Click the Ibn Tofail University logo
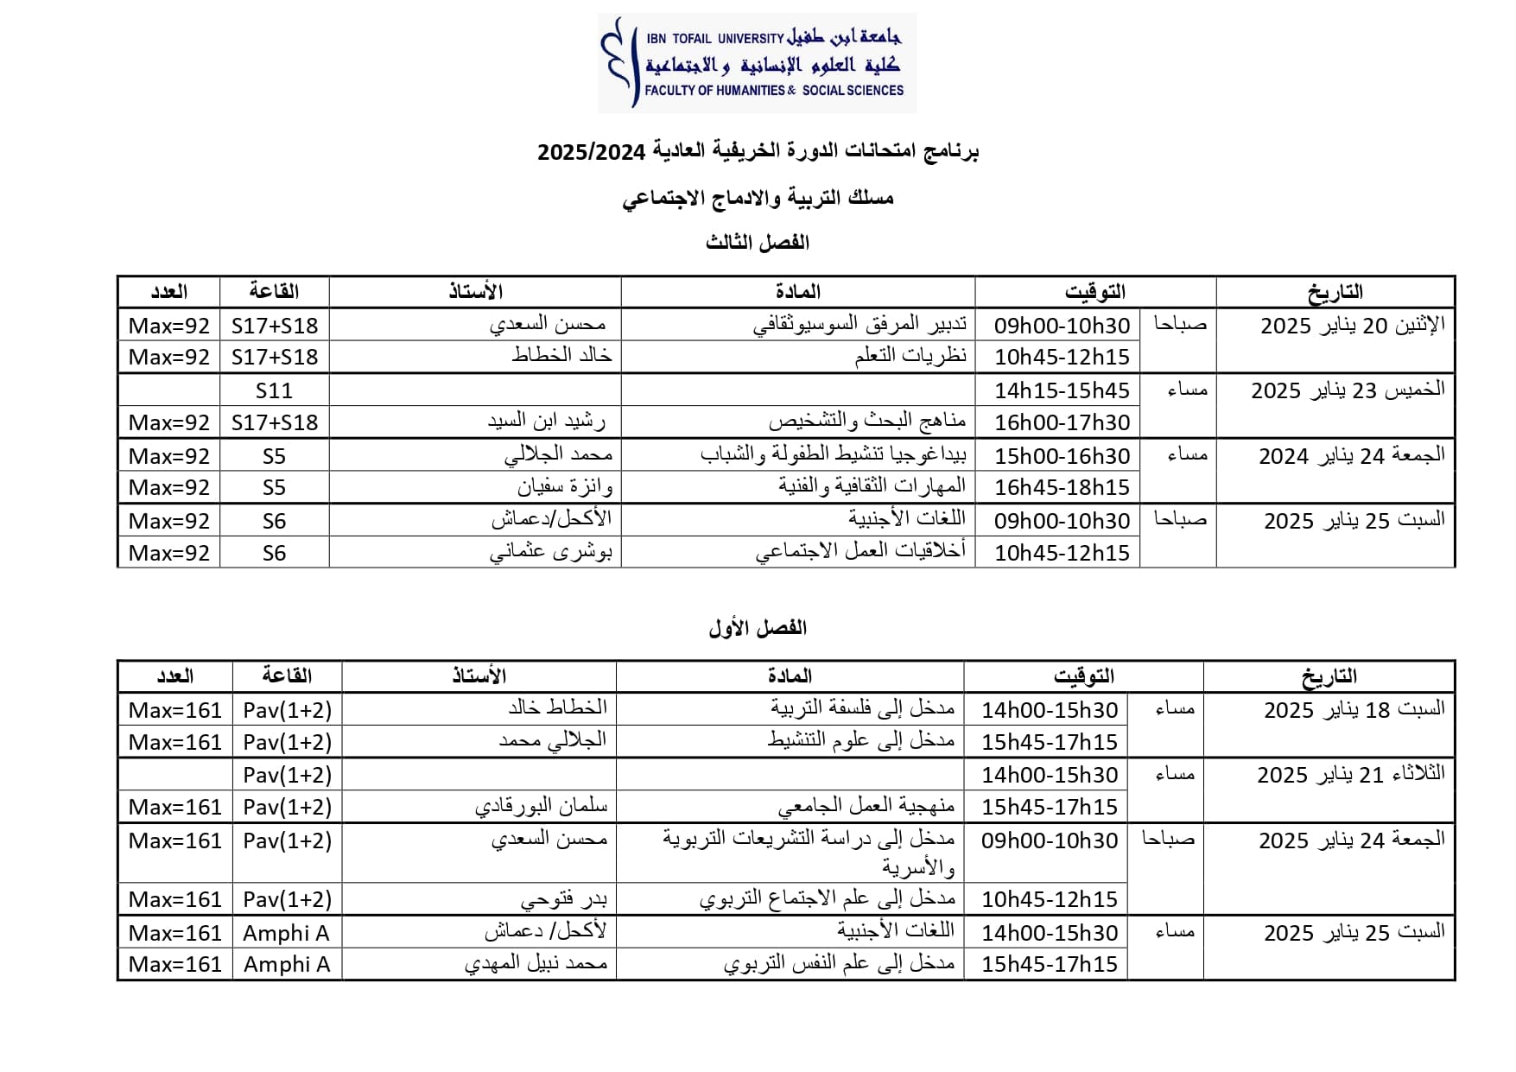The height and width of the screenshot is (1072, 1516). pos(757,63)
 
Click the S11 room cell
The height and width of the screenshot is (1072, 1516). pos(274,390)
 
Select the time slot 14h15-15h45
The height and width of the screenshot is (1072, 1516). pos(1062,390)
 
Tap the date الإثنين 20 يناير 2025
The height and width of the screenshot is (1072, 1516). pos(1352,326)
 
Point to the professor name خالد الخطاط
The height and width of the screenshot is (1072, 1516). pos(561,356)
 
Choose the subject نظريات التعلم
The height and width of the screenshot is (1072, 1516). pos(910,356)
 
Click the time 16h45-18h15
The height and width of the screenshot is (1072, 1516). pos(1062,487)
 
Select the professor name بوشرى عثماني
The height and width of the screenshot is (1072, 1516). pos(551,552)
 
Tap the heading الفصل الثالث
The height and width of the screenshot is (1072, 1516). pos(758,243)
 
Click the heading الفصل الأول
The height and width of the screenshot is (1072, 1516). pos(758,628)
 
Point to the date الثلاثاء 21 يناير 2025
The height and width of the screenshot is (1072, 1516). pos(1350,775)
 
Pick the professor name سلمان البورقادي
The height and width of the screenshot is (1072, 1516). pos(541,807)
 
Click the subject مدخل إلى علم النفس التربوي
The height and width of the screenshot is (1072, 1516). pos(839,964)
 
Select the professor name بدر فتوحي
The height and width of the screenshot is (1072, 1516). pos(563,899)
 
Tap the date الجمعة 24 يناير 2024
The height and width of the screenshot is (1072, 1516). pos(1351,455)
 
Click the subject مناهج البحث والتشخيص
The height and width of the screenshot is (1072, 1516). pos(867,422)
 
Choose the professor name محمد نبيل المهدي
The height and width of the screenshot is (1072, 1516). pos(536,964)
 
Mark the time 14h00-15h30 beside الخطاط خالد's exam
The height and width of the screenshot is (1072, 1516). pos(1050,710)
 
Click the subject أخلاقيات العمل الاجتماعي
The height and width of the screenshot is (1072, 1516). pos(860,552)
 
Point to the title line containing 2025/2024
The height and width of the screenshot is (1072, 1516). pos(758,153)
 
